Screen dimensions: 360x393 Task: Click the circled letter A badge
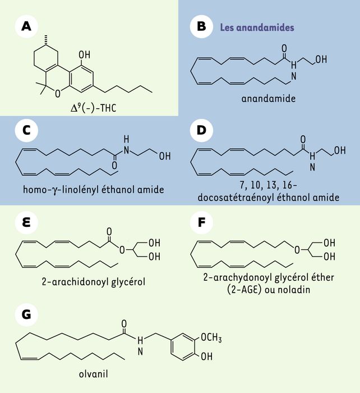tap(26, 26)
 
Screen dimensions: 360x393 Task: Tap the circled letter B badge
tap(201, 26)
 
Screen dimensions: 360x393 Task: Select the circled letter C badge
tap(26, 130)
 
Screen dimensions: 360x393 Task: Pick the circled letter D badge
tap(201, 130)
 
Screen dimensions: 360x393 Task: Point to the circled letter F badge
tap(201, 222)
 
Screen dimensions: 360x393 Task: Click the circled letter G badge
tap(26, 314)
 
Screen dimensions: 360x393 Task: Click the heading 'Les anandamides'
tap(257, 28)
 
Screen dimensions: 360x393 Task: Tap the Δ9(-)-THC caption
tap(94, 108)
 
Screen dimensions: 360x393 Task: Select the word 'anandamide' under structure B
tap(269, 98)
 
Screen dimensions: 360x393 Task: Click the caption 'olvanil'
tap(94, 374)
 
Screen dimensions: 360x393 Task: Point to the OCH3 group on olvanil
tap(211, 337)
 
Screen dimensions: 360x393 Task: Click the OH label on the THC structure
tap(84, 54)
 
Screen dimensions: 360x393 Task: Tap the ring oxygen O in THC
tap(58, 94)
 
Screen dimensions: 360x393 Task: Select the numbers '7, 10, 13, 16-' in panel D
tap(269, 185)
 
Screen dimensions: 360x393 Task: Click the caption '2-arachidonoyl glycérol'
tap(94, 282)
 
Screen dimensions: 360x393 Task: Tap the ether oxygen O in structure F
tap(297, 250)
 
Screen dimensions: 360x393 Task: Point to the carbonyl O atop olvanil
tap(124, 324)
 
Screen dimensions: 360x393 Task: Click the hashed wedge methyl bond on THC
tap(46, 40)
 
